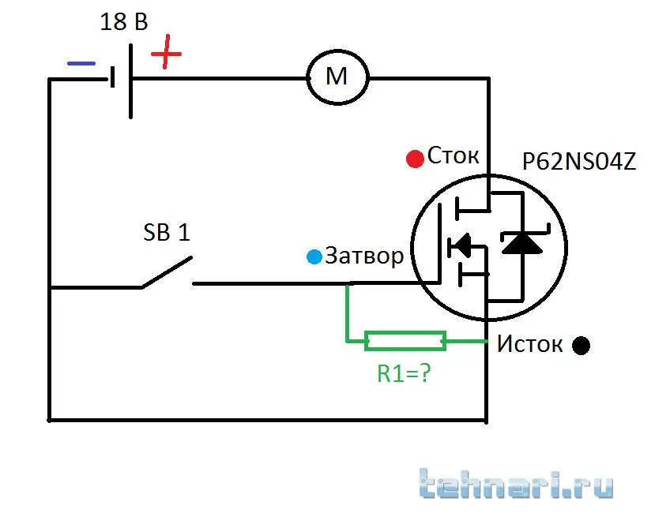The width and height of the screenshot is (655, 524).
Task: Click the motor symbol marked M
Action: [x=337, y=77]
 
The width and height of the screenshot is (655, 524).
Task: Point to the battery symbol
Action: [x=121, y=79]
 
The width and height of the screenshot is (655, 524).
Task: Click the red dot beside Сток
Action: [x=415, y=159]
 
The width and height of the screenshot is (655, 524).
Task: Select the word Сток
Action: [x=454, y=155]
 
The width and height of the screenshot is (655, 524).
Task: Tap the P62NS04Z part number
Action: [x=579, y=163]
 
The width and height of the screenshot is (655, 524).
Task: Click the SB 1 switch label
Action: [x=166, y=234]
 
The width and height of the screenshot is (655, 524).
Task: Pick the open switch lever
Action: [x=167, y=271]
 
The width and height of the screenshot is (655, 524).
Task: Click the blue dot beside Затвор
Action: [x=315, y=256]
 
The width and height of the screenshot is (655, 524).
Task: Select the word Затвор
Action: [x=364, y=256]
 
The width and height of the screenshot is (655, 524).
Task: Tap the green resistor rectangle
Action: [x=405, y=342]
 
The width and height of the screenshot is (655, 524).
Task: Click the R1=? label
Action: [x=403, y=373]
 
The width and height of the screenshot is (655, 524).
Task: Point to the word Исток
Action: [x=529, y=345]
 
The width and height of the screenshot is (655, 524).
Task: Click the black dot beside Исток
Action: [x=582, y=345]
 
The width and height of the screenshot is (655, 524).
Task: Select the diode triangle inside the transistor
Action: [x=522, y=242]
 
